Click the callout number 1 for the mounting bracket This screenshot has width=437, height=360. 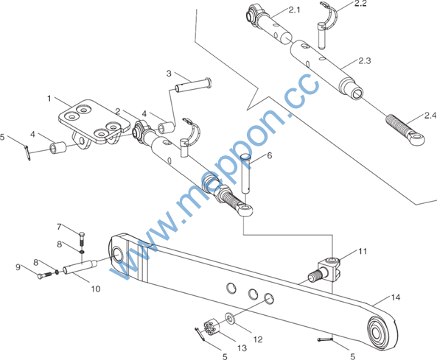click(49, 99)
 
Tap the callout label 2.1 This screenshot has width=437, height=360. click(294, 10)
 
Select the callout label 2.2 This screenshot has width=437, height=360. click(360, 4)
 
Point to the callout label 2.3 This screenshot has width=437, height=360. click(365, 60)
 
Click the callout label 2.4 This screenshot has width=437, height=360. click(430, 116)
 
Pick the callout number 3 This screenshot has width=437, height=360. click(169, 74)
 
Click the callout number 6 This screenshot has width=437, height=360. click(269, 155)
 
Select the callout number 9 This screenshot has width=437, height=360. click(18, 267)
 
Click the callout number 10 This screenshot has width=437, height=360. click(96, 289)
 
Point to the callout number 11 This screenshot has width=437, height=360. click(363, 251)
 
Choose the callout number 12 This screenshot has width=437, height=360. click(258, 339)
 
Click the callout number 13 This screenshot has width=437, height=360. click(242, 348)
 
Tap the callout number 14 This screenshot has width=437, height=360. click(396, 297)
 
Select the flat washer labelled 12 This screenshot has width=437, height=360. click(230, 318)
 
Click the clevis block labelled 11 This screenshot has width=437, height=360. click(325, 269)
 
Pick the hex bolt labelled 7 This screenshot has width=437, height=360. click(82, 238)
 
